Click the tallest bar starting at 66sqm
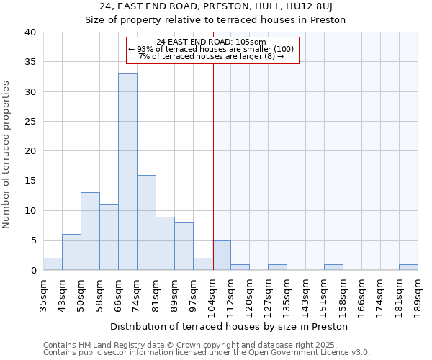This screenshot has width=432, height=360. click(127, 172)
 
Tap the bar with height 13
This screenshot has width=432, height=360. click(90, 231)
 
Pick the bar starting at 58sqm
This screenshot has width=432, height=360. click(109, 238)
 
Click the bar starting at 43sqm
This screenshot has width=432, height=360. click(71, 252)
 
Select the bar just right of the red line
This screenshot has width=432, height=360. click(222, 256)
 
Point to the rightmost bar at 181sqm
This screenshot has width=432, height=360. click(408, 267)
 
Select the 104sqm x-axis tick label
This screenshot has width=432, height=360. click(212, 294)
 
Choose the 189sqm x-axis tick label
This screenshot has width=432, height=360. click(418, 294)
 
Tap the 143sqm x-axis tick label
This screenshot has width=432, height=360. click(306, 294)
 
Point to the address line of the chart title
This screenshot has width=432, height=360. click(215, 6)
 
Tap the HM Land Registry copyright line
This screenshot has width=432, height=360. click(195, 345)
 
